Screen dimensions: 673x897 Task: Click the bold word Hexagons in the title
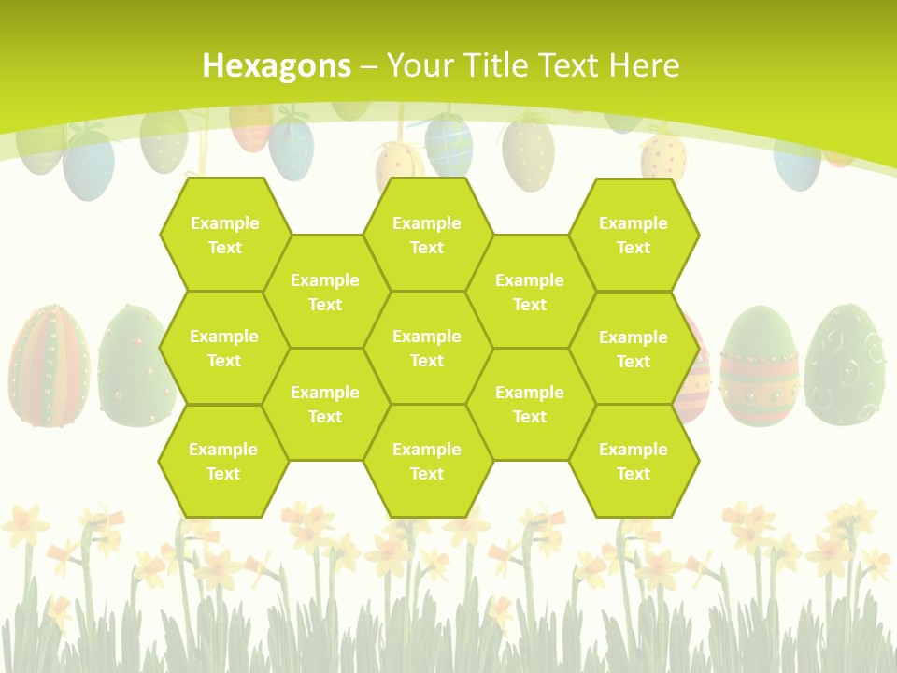click(x=277, y=65)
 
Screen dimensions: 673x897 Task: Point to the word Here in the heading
click(x=644, y=65)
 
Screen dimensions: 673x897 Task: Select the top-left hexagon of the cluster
click(x=224, y=235)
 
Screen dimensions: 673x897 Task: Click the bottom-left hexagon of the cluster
click(x=223, y=461)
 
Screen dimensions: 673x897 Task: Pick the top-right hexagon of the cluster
click(x=634, y=235)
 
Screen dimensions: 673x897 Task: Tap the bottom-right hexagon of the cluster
click(x=634, y=461)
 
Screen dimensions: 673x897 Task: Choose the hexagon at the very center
click(x=427, y=348)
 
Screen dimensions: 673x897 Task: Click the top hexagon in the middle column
click(x=427, y=235)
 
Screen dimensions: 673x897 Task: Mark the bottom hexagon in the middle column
click(x=427, y=461)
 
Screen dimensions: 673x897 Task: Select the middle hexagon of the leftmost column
click(x=224, y=348)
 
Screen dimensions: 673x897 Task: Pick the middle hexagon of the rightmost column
click(x=634, y=349)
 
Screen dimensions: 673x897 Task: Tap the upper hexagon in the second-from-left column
click(x=325, y=292)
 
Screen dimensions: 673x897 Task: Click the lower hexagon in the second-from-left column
click(x=325, y=404)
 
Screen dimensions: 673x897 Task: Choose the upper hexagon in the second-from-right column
click(x=530, y=292)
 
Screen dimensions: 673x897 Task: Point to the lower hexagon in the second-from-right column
click(x=530, y=404)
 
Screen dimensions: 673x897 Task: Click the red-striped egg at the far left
click(x=49, y=365)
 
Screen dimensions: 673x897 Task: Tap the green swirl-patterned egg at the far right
click(x=846, y=365)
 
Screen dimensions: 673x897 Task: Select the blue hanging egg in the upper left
click(x=89, y=164)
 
